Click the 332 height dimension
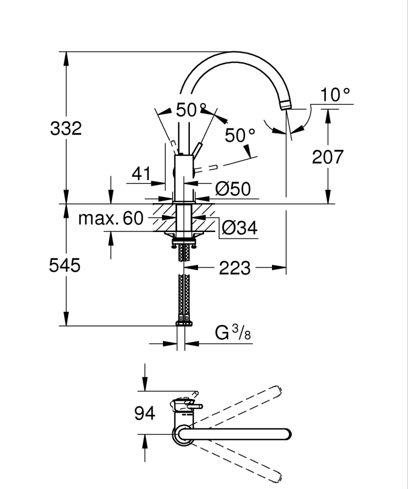pyautogui.click(x=66, y=129)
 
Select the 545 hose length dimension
pyautogui.click(x=66, y=266)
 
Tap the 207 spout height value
pyautogui.click(x=328, y=157)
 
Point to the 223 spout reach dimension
pyautogui.click(x=235, y=268)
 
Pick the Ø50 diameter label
pyautogui.click(x=233, y=188)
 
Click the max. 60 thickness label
pyautogui.click(x=111, y=218)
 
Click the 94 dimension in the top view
pyautogui.click(x=144, y=414)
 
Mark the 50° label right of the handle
pyautogui.click(x=240, y=135)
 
